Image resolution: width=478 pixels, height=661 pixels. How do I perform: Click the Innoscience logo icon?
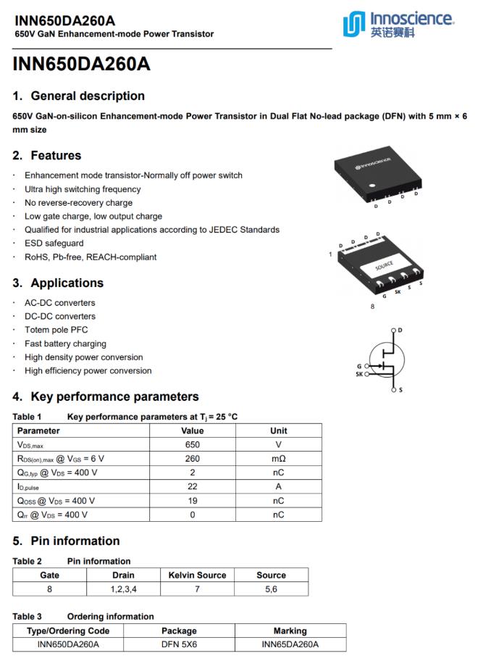(353, 24)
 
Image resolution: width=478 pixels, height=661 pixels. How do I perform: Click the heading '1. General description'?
(78, 96)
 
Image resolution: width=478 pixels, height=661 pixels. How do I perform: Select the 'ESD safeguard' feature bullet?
(54, 244)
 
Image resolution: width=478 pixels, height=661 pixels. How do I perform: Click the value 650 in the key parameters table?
(193, 444)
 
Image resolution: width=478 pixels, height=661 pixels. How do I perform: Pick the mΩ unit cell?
(278, 459)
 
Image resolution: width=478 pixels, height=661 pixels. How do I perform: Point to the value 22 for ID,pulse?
(193, 486)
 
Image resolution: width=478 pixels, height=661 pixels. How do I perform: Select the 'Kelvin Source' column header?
(197, 575)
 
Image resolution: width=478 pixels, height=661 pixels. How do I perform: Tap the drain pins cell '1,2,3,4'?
(122, 589)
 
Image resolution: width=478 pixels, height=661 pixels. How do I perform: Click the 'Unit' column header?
(278, 431)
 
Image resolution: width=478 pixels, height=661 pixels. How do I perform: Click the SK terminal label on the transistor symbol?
(359, 375)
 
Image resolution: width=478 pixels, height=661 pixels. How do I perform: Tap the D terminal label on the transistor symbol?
(401, 330)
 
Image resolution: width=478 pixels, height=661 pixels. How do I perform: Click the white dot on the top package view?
(372, 187)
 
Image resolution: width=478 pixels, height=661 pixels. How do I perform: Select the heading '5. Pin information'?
(66, 541)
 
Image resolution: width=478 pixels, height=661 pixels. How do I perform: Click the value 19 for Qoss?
(193, 501)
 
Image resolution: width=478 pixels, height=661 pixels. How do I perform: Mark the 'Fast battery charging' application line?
(65, 344)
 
